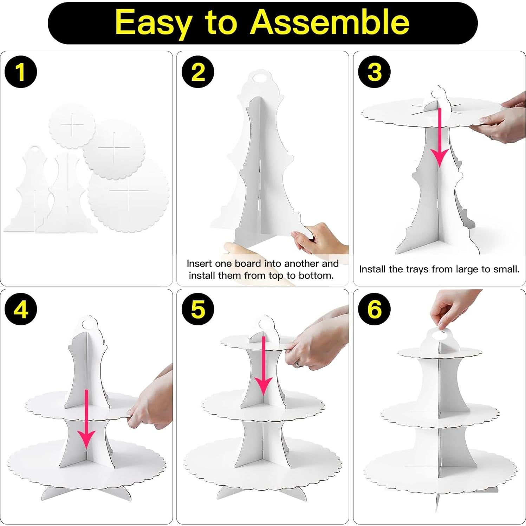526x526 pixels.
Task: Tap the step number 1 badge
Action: tap(20, 72)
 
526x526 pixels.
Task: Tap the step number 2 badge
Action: tap(198, 72)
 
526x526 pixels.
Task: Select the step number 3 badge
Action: tap(375, 72)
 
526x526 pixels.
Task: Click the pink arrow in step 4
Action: tap(86, 419)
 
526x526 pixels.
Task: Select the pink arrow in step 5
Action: tap(264, 366)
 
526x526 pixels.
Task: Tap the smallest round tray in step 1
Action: tap(72, 125)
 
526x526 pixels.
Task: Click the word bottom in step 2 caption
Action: tap(316, 275)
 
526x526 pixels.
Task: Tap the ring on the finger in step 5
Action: tap(298, 364)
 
